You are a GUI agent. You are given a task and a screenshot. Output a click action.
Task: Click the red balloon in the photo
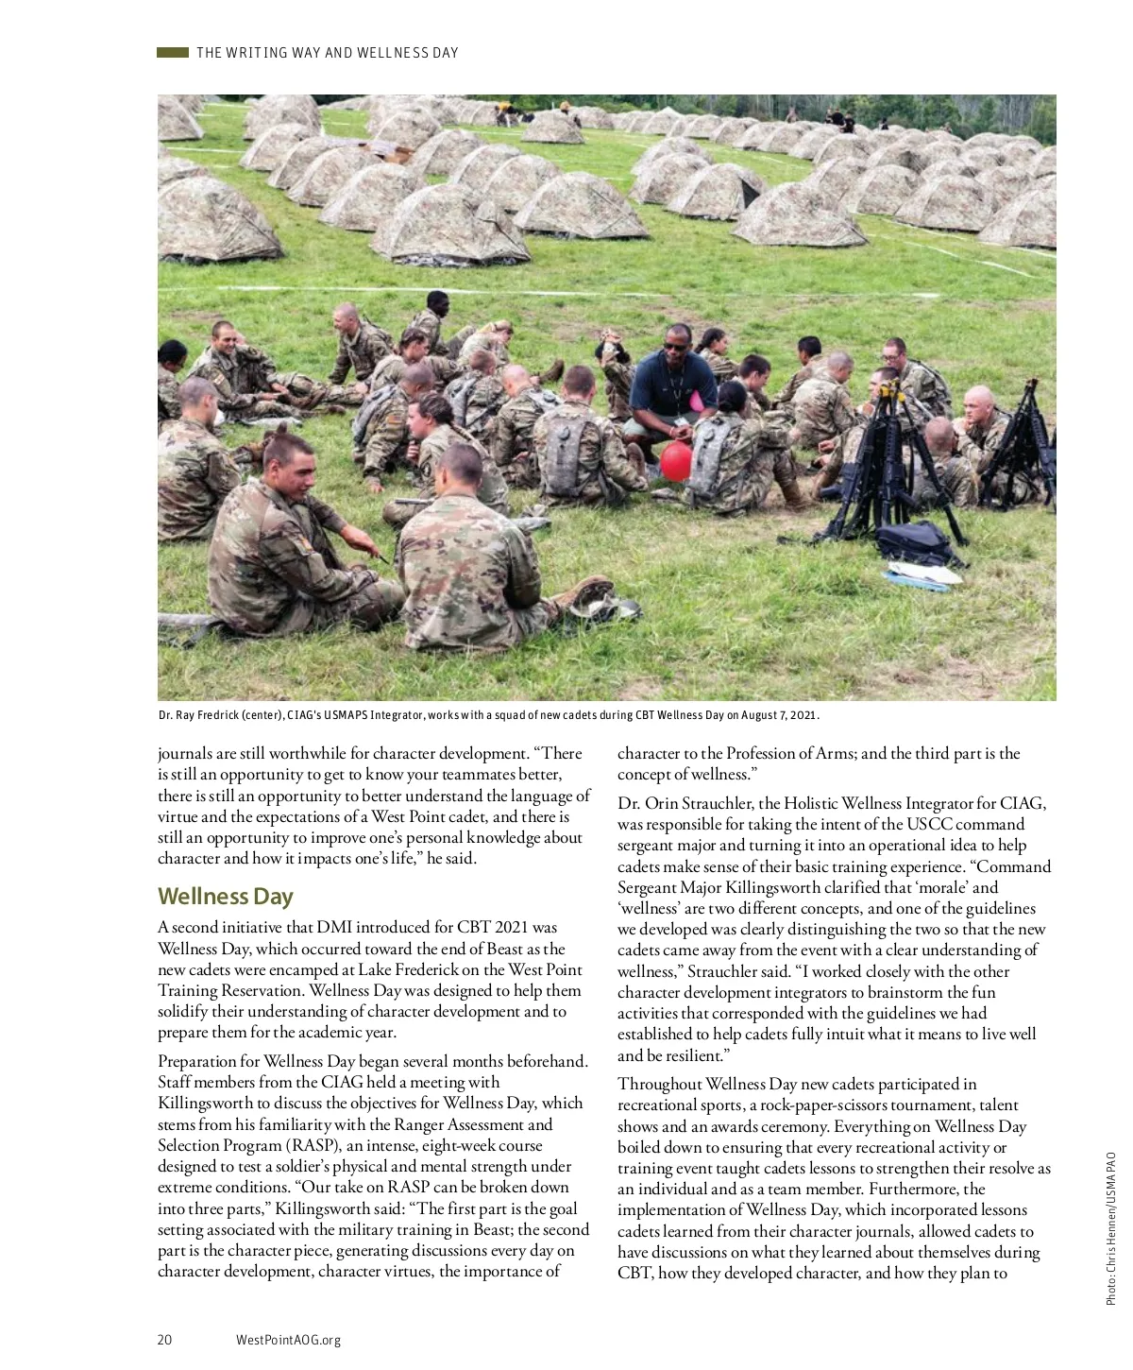[x=676, y=460]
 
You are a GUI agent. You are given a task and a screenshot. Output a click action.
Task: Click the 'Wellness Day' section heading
[x=225, y=896]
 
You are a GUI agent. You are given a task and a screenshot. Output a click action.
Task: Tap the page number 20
[x=164, y=1340]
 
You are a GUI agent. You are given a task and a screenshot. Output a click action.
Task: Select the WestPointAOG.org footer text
[x=288, y=1340]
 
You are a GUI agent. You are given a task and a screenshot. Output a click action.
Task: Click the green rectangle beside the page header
[x=173, y=53]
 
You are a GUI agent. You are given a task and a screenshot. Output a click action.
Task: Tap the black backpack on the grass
[x=914, y=543]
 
